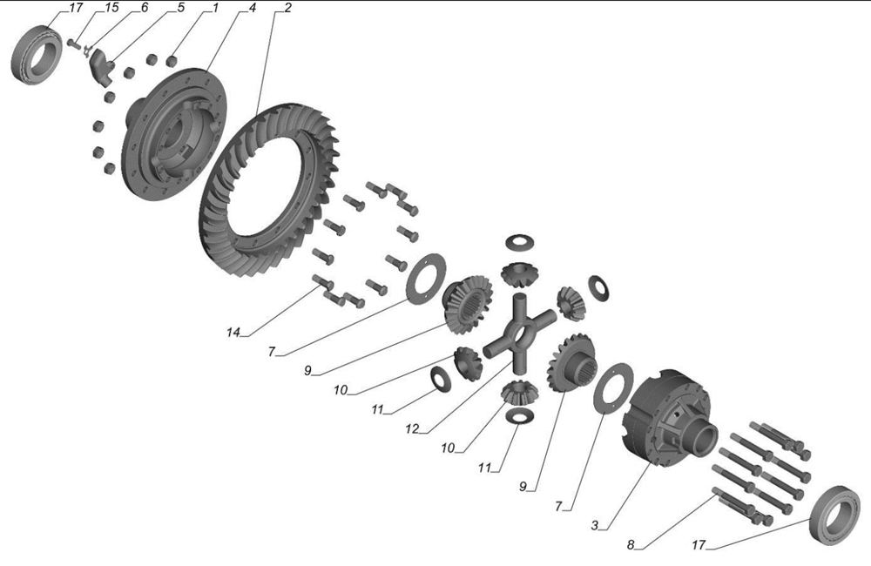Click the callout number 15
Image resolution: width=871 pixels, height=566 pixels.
coord(111,9)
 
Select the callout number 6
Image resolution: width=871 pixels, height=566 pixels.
coord(145,8)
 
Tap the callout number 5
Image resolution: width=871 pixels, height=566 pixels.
coord(180,9)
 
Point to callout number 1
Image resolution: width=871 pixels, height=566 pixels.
coord(215,9)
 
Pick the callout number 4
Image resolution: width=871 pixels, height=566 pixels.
coord(253,9)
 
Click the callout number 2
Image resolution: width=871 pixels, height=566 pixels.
coord(287,9)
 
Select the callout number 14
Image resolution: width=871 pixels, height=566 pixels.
coord(233,332)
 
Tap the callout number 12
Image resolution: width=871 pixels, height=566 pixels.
coord(412,428)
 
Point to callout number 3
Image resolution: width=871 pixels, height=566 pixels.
coord(595,525)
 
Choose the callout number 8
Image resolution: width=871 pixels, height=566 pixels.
coord(631,545)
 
